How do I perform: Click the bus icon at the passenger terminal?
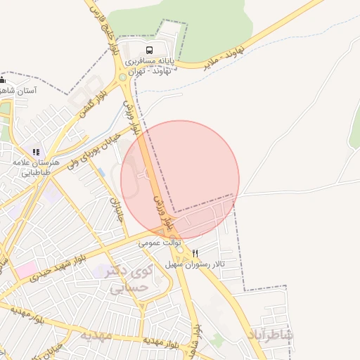(x=149, y=50)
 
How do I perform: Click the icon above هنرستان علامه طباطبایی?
(x=36, y=151)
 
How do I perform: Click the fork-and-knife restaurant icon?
(x=195, y=253)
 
